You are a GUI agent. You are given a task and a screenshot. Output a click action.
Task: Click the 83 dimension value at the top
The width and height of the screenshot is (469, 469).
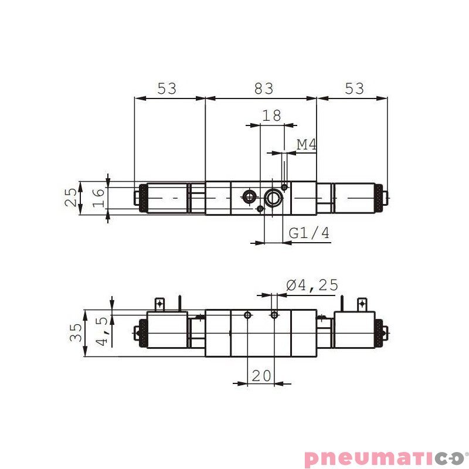tap(264, 89)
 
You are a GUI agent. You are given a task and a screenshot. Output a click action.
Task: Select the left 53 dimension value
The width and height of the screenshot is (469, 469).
tap(166, 89)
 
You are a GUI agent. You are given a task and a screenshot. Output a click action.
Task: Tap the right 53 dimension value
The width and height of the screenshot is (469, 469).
tap(354, 89)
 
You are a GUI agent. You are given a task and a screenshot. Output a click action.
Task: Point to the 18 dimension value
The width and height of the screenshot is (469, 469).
tap(271, 115)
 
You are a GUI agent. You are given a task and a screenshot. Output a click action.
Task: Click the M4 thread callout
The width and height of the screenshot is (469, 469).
tap(307, 144)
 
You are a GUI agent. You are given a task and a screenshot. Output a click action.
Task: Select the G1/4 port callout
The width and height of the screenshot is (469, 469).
tap(310, 233)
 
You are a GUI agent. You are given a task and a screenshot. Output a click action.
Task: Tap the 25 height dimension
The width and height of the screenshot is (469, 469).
tap(71, 198)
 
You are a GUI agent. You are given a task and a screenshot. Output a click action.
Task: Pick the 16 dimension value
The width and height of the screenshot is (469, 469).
tap(98, 198)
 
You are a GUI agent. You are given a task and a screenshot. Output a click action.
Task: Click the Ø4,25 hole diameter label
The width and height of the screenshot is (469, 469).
tap(312, 285)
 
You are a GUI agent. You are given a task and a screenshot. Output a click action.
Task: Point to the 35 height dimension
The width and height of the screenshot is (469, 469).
tap(76, 332)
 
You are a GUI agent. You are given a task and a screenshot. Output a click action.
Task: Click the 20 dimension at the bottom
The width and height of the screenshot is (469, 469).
tap(261, 375)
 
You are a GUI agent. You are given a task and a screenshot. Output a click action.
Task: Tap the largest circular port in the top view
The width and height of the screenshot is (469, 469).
tap(273, 198)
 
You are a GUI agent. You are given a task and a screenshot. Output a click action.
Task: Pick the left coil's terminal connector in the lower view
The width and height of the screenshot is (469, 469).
tap(159, 304)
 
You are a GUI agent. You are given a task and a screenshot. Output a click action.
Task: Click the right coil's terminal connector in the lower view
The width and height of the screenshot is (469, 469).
tap(362, 304)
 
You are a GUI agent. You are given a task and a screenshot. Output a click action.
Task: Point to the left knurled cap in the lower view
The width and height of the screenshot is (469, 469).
tap(141, 334)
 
